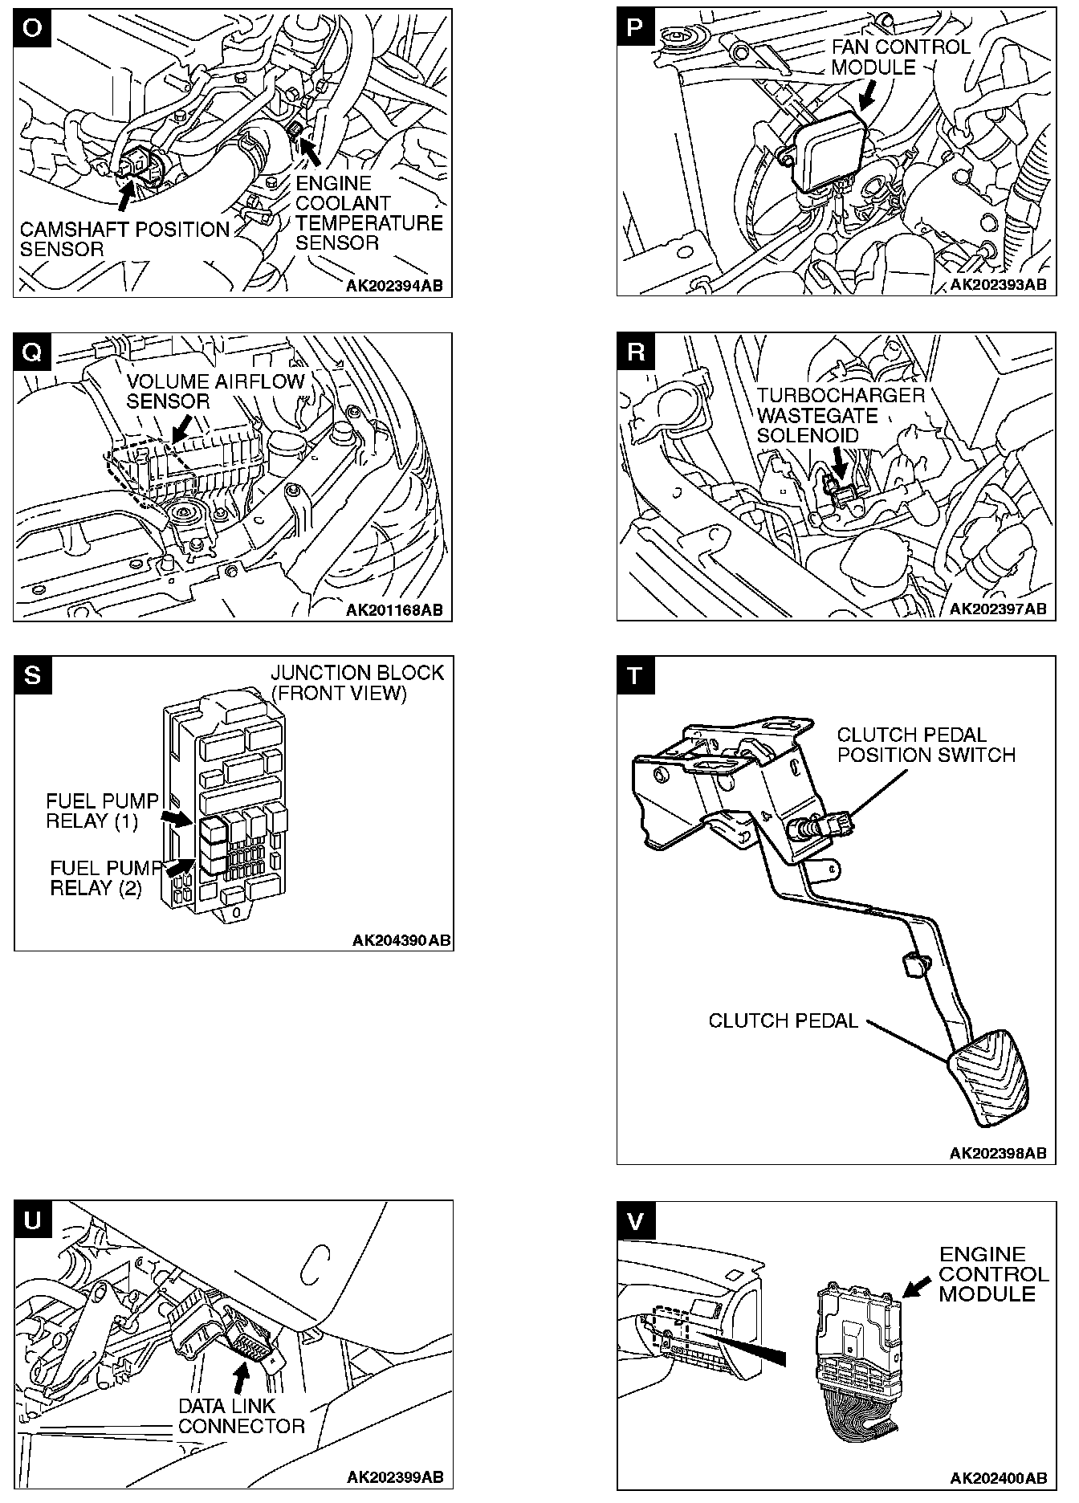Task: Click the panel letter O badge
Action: (x=31, y=27)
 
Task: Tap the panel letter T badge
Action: (x=635, y=675)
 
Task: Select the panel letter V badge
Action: (x=635, y=1220)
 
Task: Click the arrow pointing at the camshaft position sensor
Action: (x=126, y=193)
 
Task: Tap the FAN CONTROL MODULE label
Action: (x=901, y=57)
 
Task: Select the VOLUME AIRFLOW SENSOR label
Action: (x=215, y=391)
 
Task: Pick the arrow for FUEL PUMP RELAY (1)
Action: (x=177, y=817)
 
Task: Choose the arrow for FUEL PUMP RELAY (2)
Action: (x=180, y=867)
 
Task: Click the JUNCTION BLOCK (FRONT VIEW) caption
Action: (x=356, y=682)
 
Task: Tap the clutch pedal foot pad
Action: (x=989, y=1078)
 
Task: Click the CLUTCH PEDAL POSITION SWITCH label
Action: (x=926, y=745)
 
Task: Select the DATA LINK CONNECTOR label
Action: (x=241, y=1416)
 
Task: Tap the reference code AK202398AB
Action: (x=998, y=1153)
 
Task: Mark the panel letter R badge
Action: (x=635, y=352)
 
